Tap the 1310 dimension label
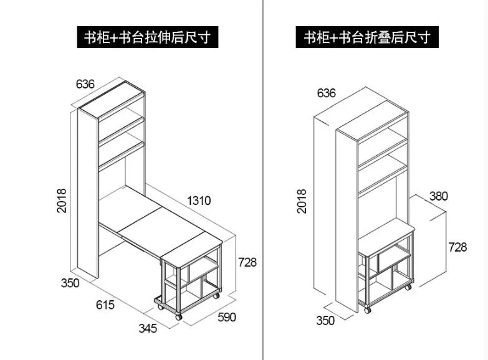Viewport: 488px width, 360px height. pos(199,201)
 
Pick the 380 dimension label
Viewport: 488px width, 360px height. pos(439,196)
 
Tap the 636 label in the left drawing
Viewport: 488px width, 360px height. pos(85,83)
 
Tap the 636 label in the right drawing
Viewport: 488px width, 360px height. pos(326,93)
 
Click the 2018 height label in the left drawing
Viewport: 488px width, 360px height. pos(62,201)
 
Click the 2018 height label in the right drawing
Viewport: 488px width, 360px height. pos(302,201)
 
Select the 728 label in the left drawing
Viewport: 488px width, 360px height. pos(246,262)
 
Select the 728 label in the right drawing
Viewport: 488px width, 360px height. pos(457,247)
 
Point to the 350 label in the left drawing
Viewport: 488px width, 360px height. pos(70,283)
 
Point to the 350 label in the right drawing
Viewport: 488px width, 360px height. pos(325,321)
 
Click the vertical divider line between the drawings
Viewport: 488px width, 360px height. pos(264,187)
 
